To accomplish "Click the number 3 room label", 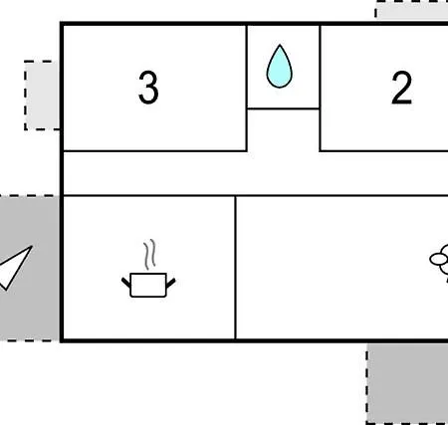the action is [x=148, y=88].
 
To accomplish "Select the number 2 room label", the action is [x=402, y=88].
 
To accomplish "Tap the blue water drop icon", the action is [x=280, y=67].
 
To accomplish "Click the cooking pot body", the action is [x=148, y=285].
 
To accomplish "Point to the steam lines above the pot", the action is [x=149, y=254].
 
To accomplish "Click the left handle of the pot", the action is [x=126, y=283].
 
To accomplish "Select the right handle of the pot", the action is [x=170, y=283].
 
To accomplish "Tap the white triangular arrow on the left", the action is [x=15, y=267].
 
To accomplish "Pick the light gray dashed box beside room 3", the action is [x=42, y=96].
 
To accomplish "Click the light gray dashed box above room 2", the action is [x=412, y=10].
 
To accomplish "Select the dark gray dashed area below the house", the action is [x=407, y=383].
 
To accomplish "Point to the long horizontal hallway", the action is [x=256, y=173].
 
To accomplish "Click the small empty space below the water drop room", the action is [x=284, y=130].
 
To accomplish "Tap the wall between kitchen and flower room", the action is [x=235, y=268].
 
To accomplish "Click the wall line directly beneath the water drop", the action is [x=284, y=108].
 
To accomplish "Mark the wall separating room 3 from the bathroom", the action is [x=247, y=89].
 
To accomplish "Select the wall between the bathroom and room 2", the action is [x=320, y=89].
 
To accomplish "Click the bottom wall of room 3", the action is [x=155, y=151].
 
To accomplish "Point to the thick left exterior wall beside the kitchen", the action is [x=62, y=268].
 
